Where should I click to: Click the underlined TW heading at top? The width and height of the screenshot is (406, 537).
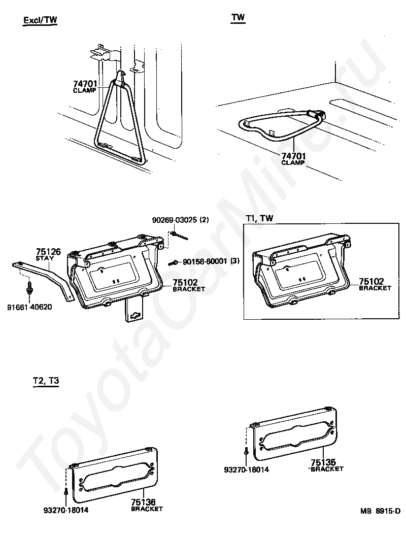pyautogui.click(x=238, y=17)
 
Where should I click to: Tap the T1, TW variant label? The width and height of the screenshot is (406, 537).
pyautogui.click(x=259, y=218)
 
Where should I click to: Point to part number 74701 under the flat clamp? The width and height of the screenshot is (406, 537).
pyautogui.click(x=293, y=156)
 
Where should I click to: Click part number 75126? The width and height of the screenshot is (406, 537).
pyautogui.click(x=48, y=252)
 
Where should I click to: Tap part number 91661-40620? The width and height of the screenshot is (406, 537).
pyautogui.click(x=29, y=307)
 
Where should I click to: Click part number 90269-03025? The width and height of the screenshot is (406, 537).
pyautogui.click(x=173, y=220)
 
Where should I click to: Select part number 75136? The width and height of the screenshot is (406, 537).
pyautogui.click(x=144, y=502)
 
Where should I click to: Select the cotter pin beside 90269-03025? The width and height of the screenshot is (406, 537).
pyautogui.click(x=179, y=236)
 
